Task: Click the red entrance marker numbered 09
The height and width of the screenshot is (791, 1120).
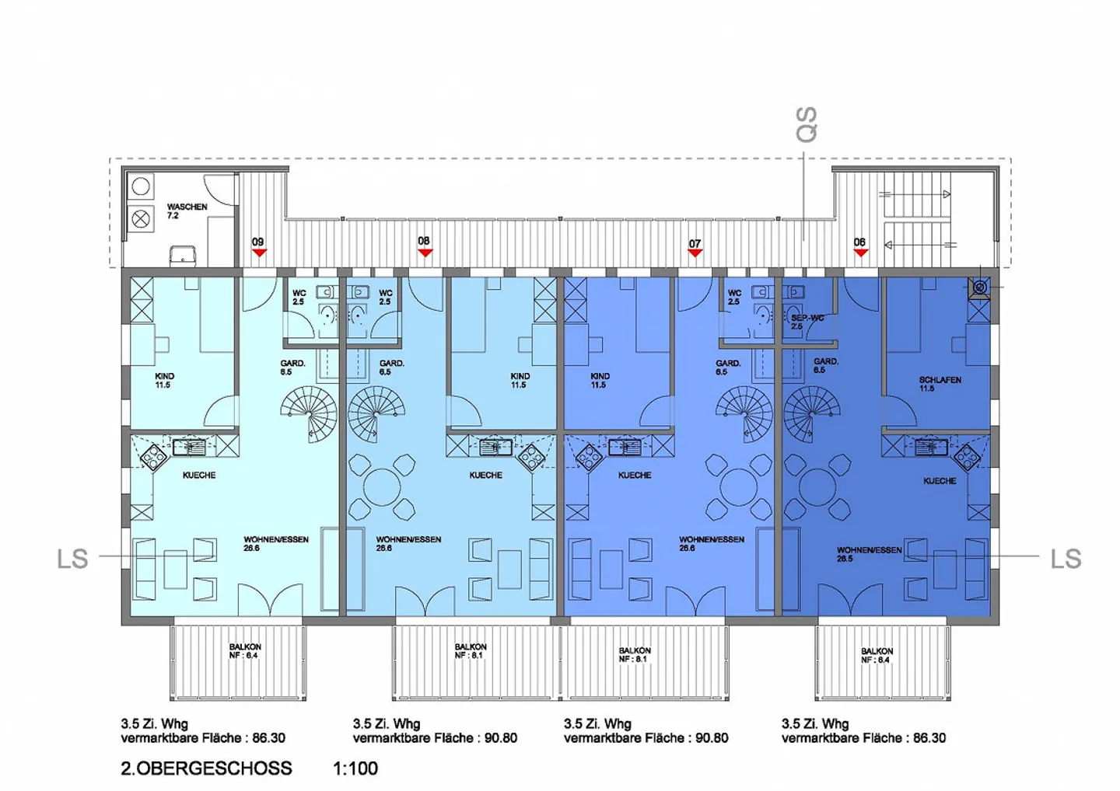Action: [x=259, y=253]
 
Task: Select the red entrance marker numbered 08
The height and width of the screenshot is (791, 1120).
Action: [x=425, y=252]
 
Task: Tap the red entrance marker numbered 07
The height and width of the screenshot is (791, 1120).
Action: [x=695, y=253]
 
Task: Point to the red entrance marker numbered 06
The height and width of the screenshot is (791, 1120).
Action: [x=860, y=252]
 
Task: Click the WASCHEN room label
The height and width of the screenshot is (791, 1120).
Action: [x=187, y=207]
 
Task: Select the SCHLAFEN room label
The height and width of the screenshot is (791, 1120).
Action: [x=940, y=380]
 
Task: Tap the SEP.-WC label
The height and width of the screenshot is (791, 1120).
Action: [x=807, y=319]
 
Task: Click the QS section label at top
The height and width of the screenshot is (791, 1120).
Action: [x=807, y=125]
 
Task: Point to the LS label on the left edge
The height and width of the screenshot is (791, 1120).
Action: [x=72, y=559]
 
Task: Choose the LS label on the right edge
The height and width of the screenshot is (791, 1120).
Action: [x=1066, y=559]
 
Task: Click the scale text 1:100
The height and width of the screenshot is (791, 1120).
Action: [x=355, y=768]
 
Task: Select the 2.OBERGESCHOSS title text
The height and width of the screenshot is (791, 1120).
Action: [x=206, y=768]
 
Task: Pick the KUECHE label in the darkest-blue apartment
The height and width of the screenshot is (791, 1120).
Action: [x=940, y=481]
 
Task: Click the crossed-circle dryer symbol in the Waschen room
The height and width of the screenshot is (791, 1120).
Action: [x=141, y=218]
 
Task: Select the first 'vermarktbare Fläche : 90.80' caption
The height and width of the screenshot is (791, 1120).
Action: [x=435, y=738]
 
